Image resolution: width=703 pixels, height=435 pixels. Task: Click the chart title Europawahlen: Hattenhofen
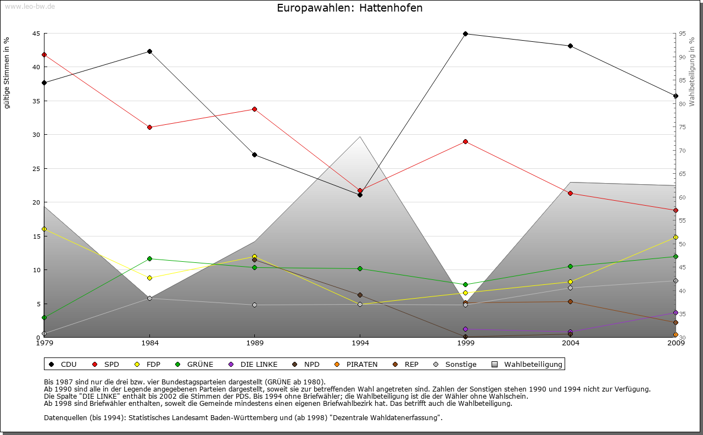pos(350,8)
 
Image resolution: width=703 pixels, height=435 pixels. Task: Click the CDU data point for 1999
pos(465,34)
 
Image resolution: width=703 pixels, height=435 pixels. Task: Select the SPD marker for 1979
pos(44,54)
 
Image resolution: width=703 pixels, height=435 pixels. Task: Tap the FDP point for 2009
pos(676,237)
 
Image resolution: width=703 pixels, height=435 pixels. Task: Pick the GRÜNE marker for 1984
pos(149,258)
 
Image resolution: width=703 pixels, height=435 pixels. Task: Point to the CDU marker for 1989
pos(255,155)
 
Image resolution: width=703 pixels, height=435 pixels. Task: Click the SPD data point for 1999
pos(465,141)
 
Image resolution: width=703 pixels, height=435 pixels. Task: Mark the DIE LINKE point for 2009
pos(676,312)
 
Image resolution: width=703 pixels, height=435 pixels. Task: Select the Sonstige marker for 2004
pos(570,288)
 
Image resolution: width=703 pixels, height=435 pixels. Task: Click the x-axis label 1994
pos(360,344)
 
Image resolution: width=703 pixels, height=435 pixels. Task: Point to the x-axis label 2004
pos(571,344)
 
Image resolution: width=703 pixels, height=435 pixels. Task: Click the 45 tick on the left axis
pos(36,34)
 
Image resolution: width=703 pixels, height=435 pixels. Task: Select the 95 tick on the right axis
pos(682,34)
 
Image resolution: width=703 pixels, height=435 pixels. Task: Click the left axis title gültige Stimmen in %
pos(7,73)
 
